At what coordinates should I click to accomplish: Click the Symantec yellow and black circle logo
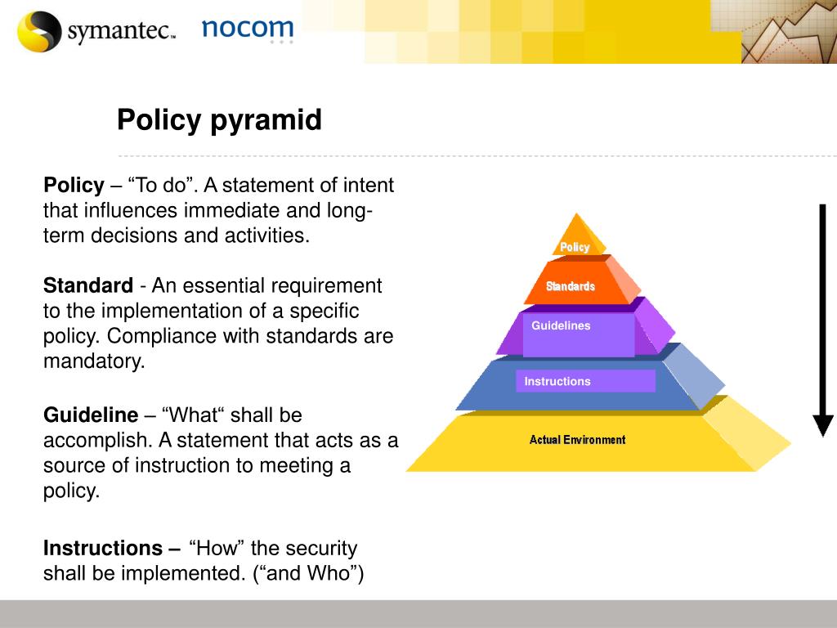point(39,31)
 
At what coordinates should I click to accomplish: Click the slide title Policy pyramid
point(219,120)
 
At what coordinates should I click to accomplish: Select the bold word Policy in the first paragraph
point(74,186)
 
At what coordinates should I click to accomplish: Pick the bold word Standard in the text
point(88,285)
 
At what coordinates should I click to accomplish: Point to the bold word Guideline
point(91,415)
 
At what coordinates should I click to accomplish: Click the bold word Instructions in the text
point(103,549)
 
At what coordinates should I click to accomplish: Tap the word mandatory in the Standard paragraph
point(94,361)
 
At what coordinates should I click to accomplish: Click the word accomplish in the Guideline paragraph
point(100,441)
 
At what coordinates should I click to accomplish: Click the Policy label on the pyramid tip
point(575,247)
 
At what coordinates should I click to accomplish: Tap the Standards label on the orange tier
point(570,286)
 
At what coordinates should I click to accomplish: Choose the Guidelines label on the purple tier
point(561,325)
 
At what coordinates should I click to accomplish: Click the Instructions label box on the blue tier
point(585,381)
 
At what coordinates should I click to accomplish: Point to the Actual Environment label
point(578,440)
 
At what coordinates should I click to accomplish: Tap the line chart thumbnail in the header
point(789,32)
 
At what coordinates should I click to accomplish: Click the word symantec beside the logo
point(121,30)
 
